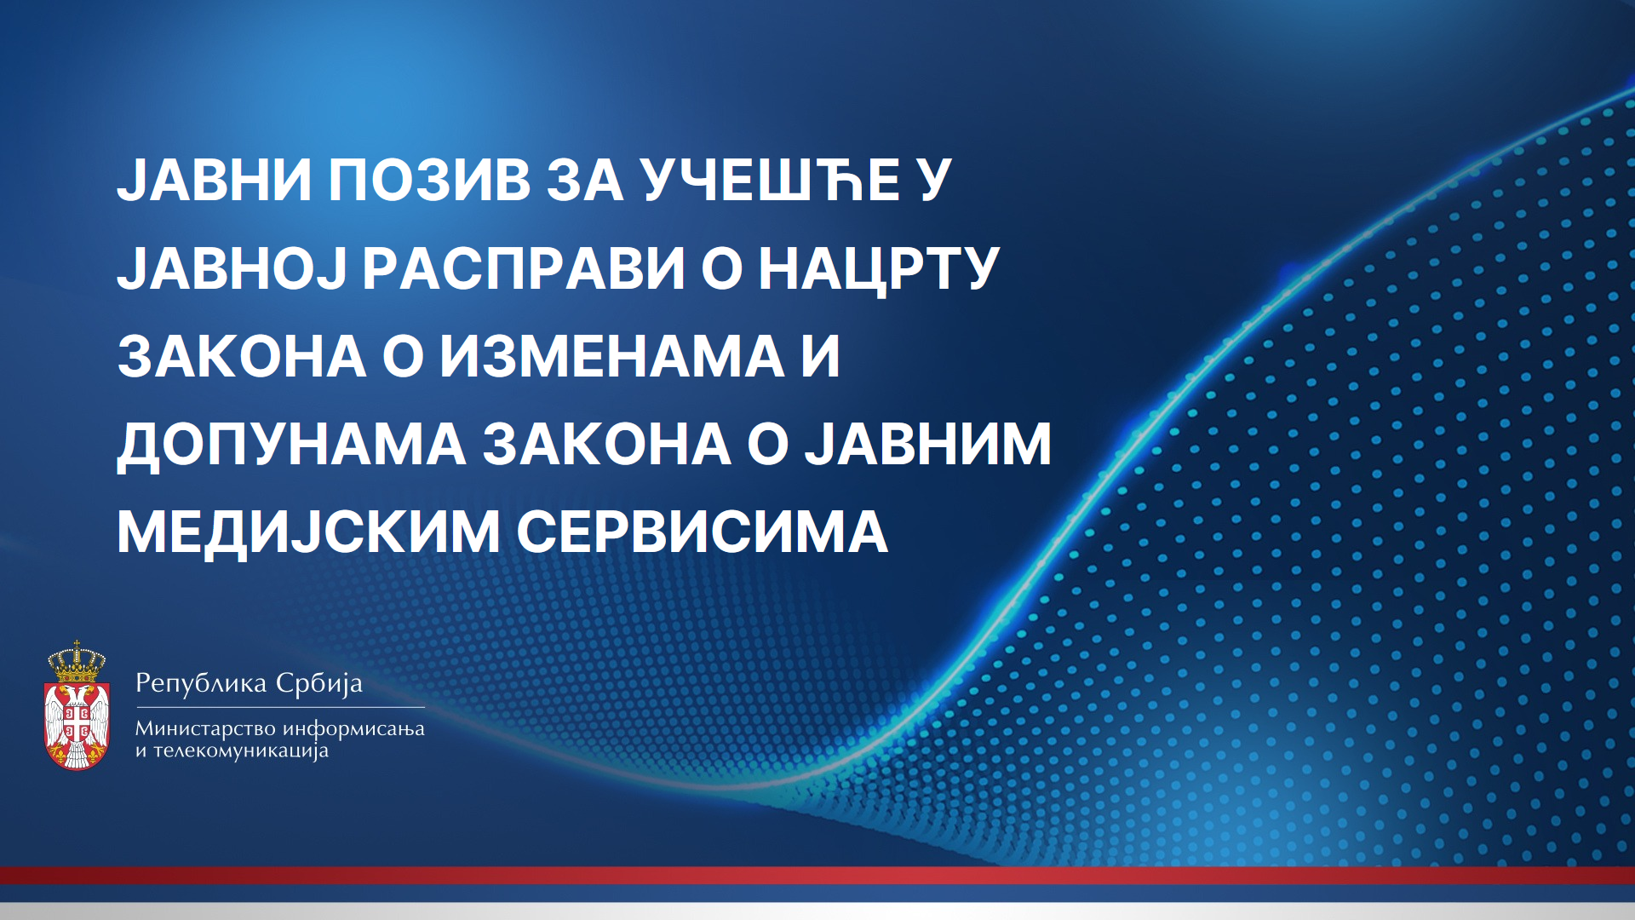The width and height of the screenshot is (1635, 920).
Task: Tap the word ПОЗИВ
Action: (x=430, y=180)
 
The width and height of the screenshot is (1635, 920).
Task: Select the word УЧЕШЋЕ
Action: (x=771, y=180)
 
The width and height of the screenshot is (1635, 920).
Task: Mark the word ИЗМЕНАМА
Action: (x=612, y=356)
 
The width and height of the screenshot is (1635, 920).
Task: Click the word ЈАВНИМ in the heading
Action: (x=928, y=444)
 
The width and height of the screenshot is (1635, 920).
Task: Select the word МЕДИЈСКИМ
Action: (x=308, y=533)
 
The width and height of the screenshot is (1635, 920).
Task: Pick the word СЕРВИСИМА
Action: (x=703, y=532)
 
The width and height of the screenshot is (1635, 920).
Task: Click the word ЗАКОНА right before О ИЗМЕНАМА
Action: (x=242, y=356)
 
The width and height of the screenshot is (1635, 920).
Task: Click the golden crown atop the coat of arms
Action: (x=77, y=661)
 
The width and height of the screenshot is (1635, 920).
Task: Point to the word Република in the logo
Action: (x=202, y=683)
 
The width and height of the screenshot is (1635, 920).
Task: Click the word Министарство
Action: (x=205, y=728)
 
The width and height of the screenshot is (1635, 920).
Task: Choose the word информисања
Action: (x=353, y=729)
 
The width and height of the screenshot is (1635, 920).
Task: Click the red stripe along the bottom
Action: (x=817, y=875)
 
